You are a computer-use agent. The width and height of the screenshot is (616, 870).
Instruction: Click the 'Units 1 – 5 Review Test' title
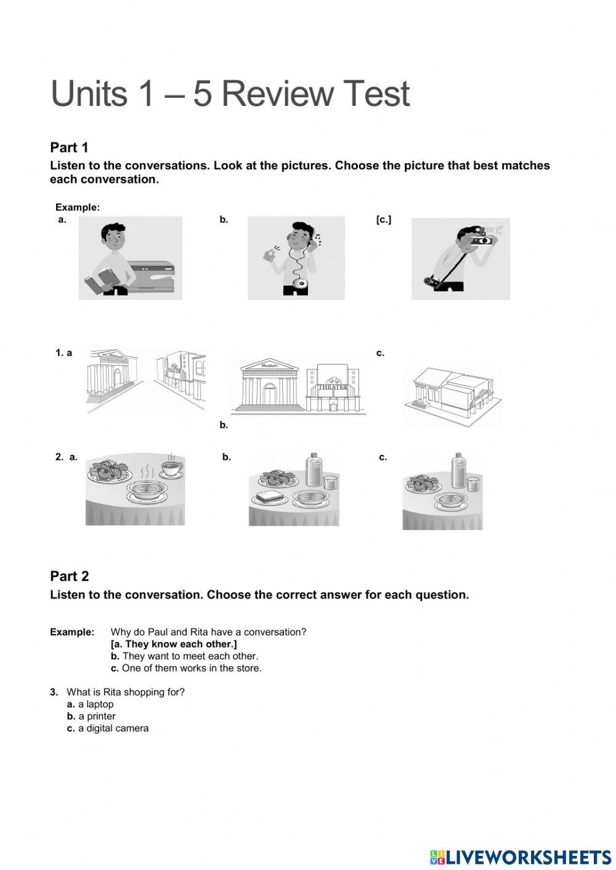[230, 94]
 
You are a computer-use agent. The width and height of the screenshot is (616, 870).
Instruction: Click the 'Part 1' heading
[69, 148]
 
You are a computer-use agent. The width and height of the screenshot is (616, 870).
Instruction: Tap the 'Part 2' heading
[69, 576]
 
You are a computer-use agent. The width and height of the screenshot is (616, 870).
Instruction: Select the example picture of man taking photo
[461, 259]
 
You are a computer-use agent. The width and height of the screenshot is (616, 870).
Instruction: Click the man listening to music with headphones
[296, 258]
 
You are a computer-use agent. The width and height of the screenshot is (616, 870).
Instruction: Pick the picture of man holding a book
[130, 258]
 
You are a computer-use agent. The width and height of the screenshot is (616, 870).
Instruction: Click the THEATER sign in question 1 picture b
[333, 387]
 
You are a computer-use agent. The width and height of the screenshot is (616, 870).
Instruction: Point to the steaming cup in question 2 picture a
[171, 469]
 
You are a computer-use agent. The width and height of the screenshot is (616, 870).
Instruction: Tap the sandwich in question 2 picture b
[269, 496]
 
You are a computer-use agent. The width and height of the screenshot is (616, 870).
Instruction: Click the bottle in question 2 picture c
[458, 471]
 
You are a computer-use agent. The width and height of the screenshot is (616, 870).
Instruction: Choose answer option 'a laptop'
[95, 704]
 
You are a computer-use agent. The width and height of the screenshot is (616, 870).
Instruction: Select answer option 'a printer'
[97, 716]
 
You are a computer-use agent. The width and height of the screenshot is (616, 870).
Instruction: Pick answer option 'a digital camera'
[113, 728]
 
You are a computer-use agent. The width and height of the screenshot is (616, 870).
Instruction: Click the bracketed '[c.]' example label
[383, 219]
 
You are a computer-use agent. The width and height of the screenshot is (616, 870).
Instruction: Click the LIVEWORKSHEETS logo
[521, 857]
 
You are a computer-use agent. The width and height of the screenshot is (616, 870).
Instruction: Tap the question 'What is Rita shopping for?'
[125, 692]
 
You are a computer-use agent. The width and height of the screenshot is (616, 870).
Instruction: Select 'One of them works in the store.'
[192, 668]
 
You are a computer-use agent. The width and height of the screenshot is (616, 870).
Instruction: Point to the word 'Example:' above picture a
[77, 207]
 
